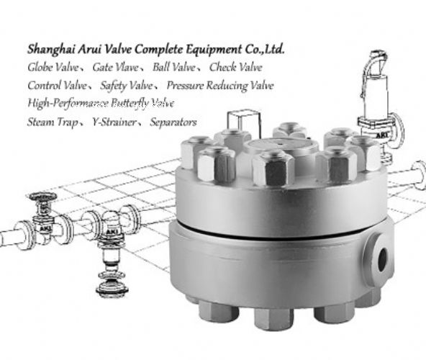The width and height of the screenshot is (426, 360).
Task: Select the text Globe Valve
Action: (x=53, y=67)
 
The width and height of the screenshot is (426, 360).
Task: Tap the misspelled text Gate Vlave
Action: (x=115, y=67)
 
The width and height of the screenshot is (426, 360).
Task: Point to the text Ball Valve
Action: (x=174, y=67)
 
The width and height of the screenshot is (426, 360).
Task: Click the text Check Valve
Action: (x=235, y=67)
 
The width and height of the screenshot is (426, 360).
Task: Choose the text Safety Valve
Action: (x=127, y=86)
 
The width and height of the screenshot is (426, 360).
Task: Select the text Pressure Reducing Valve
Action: (x=219, y=86)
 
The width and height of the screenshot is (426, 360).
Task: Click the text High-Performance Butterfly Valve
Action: (x=101, y=104)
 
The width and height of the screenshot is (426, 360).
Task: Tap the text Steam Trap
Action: (x=53, y=122)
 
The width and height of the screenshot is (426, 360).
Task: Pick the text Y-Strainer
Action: (x=114, y=122)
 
